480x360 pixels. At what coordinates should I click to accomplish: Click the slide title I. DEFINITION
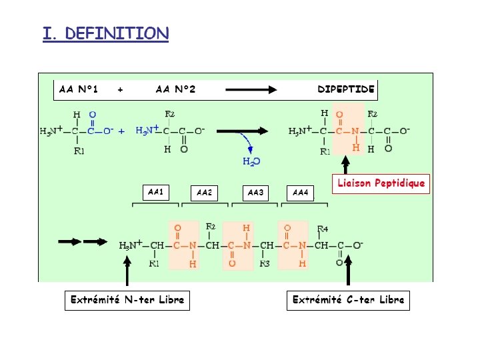(105, 33)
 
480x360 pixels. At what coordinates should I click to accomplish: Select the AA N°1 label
(79, 89)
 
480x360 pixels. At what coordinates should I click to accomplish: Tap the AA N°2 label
(175, 89)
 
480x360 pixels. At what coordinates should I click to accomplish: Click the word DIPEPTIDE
(345, 89)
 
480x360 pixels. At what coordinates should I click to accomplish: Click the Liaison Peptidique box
(381, 183)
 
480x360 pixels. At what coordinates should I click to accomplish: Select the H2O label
(251, 161)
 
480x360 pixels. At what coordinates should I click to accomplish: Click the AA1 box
(155, 192)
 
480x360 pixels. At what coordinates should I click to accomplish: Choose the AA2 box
(205, 193)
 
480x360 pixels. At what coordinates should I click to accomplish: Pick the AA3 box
(255, 193)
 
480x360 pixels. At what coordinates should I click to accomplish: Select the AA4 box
(301, 193)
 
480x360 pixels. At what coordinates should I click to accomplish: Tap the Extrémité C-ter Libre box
(348, 300)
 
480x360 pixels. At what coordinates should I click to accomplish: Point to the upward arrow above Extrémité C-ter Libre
(347, 275)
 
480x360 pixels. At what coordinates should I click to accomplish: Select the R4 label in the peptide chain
(322, 229)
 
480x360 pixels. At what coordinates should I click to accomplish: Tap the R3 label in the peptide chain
(265, 264)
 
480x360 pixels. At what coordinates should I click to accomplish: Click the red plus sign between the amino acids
(121, 132)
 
